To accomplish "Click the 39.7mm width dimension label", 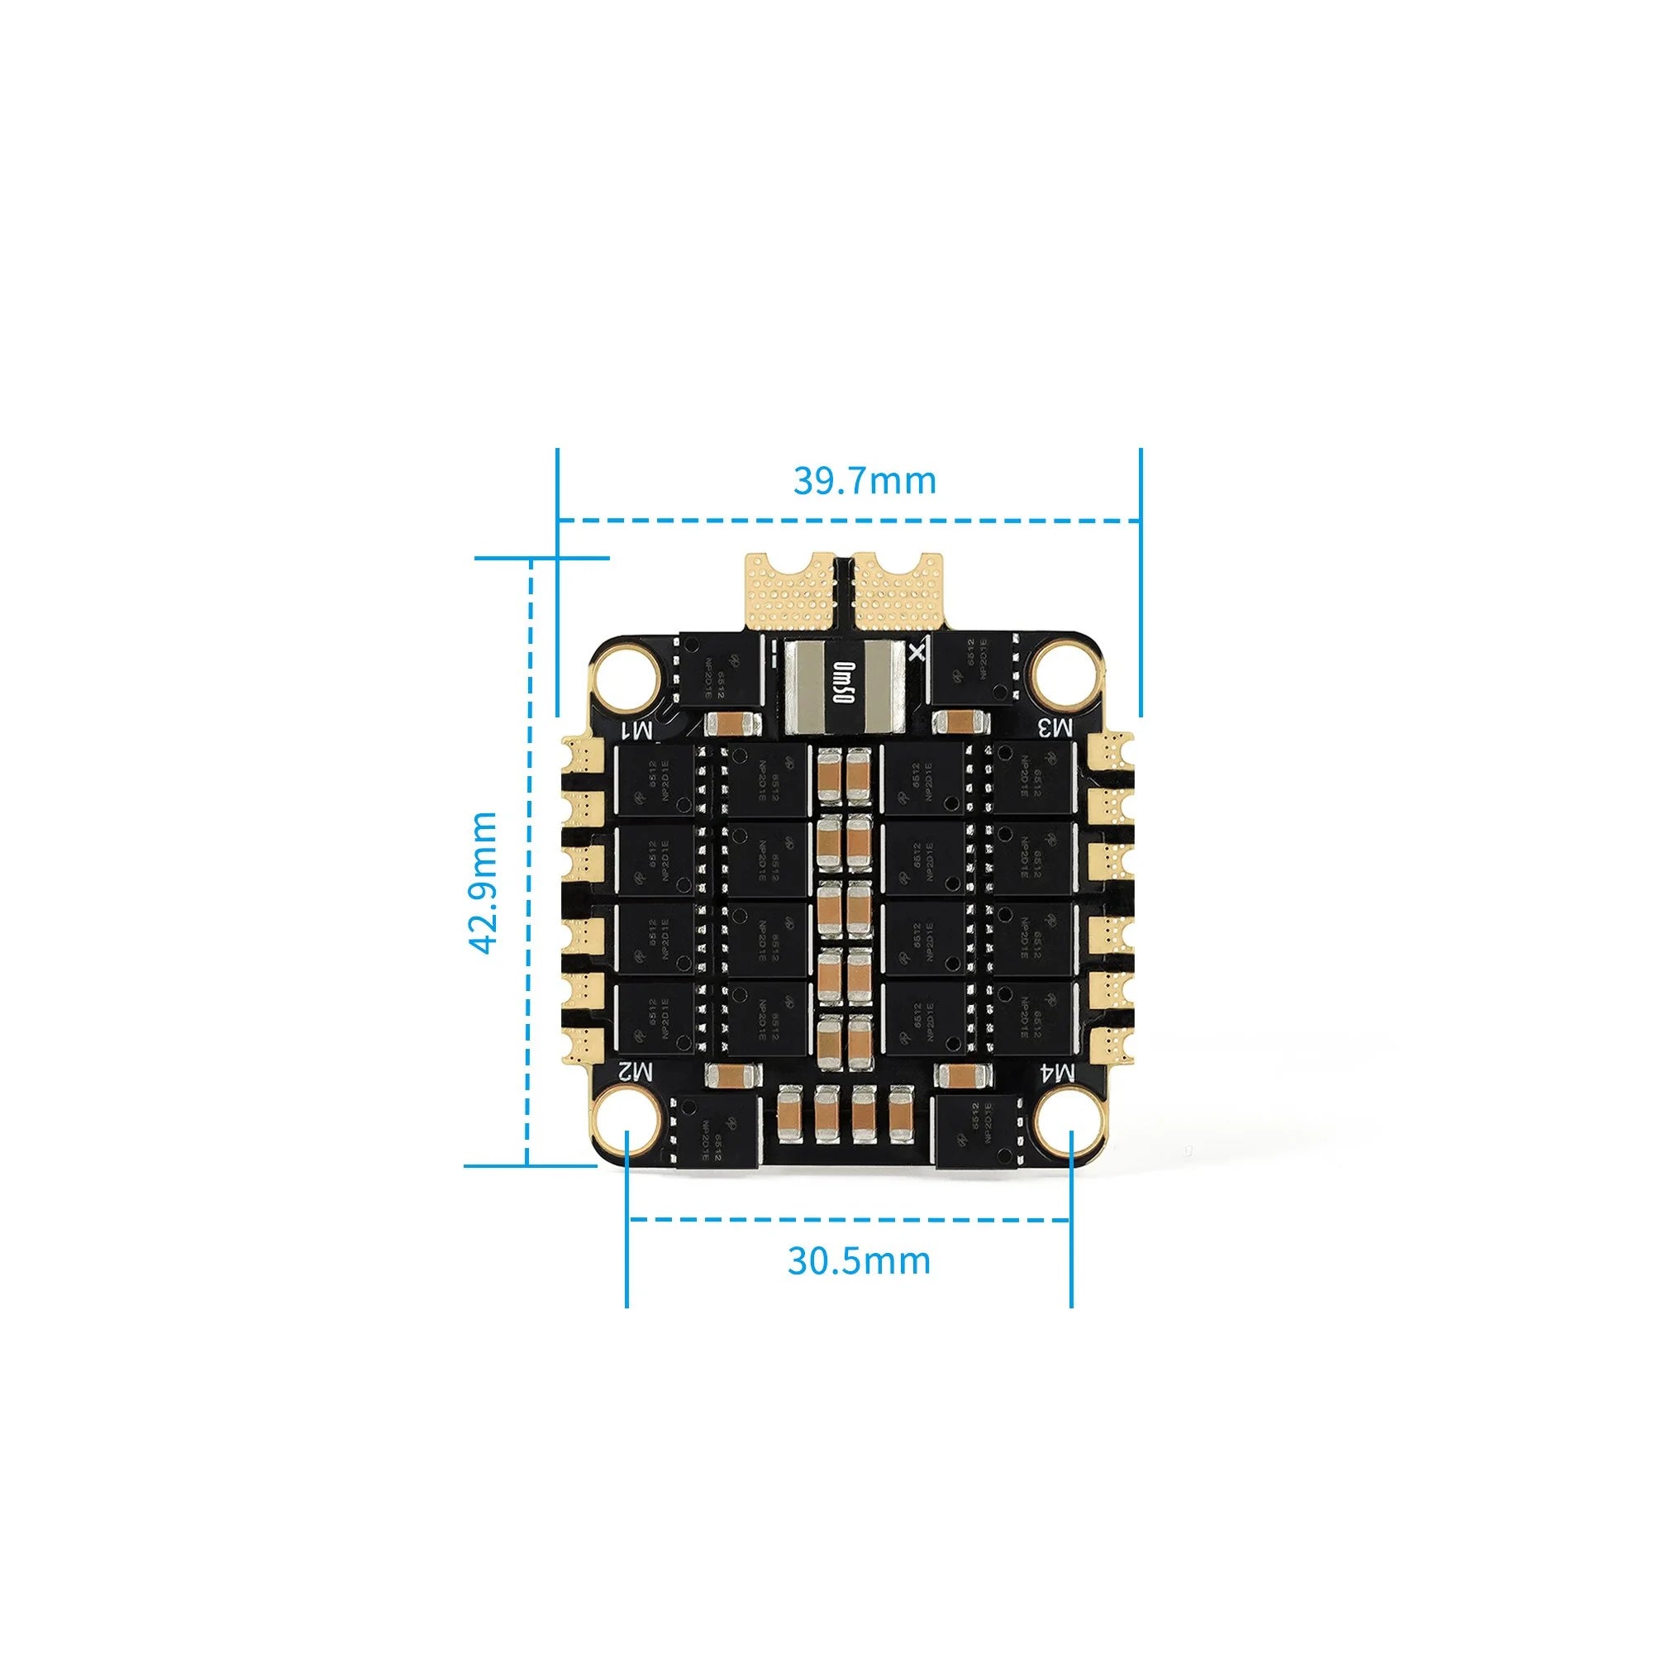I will [x=865, y=481].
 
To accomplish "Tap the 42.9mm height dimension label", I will [x=484, y=882].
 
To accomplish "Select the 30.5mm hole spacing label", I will [x=858, y=1260].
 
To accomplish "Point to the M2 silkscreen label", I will [x=636, y=1070].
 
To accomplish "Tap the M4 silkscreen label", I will [x=1055, y=1071].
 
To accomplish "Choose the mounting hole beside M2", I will [x=628, y=1121].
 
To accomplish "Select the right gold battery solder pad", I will [x=898, y=592].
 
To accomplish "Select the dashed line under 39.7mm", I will [x=847, y=519].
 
